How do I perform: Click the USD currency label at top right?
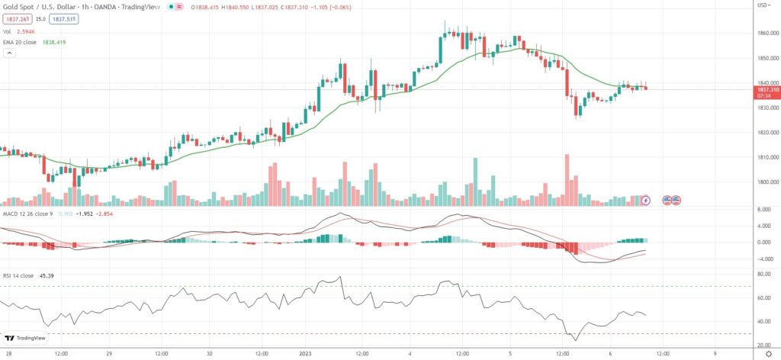762,5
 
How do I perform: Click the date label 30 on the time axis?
209,353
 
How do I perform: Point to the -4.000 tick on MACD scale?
763,259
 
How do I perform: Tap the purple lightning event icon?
647,200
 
